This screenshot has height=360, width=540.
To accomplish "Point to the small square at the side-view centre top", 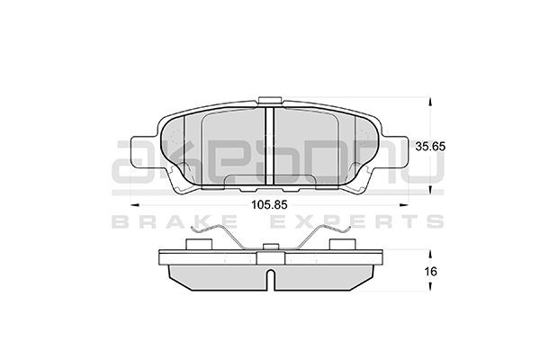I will click(x=271, y=256).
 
